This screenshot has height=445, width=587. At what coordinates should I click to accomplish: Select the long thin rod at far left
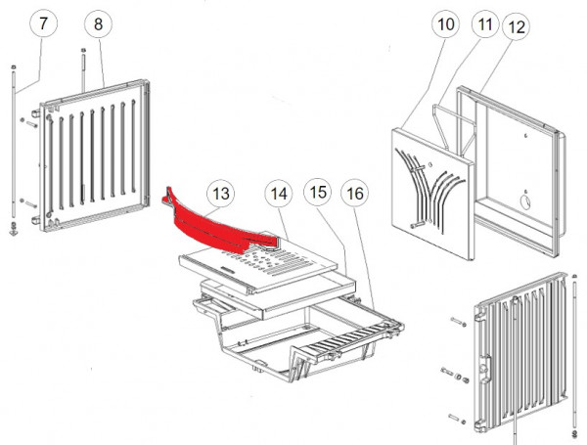[x=14, y=147]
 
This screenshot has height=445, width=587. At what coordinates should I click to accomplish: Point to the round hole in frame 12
[x=523, y=204]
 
